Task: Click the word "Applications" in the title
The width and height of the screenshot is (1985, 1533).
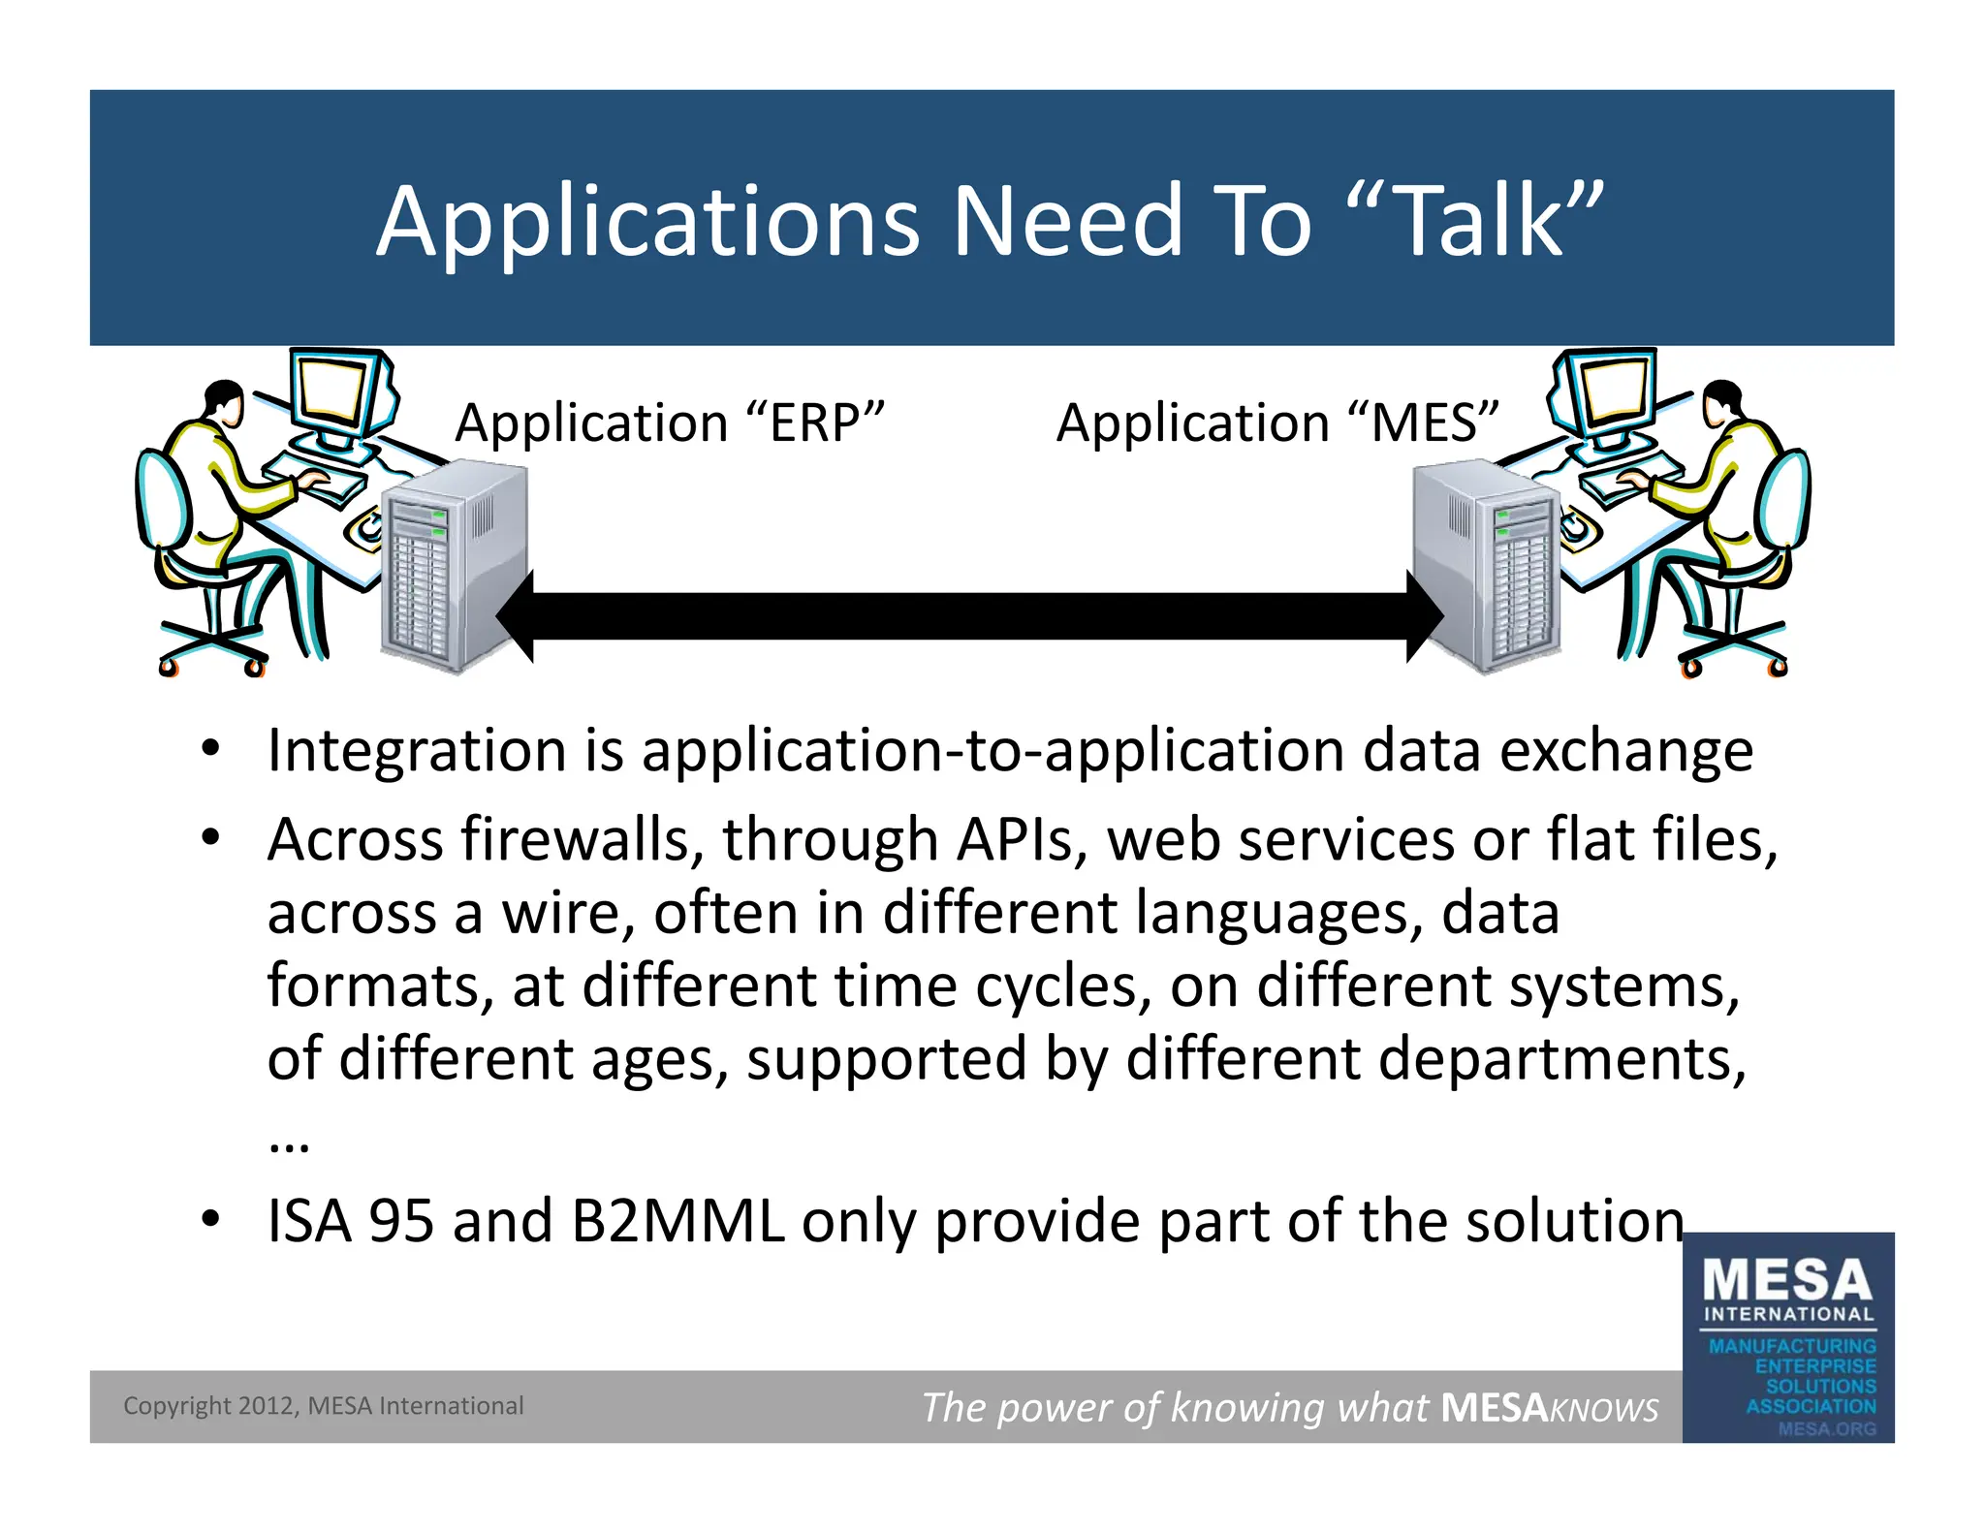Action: [x=646, y=223]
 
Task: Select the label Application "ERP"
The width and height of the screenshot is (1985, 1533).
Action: [x=669, y=422]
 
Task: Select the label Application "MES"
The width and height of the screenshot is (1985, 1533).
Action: [x=1277, y=422]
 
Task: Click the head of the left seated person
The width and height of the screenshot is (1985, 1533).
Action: [x=225, y=399]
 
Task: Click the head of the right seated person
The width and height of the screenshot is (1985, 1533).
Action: [x=1721, y=399]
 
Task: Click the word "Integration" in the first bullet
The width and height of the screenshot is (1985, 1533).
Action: [x=416, y=751]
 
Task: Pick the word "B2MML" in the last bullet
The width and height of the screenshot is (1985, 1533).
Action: [x=677, y=1221]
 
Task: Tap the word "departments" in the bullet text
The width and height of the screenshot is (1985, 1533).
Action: [x=1560, y=1058]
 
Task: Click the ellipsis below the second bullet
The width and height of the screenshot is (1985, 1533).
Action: [x=289, y=1144]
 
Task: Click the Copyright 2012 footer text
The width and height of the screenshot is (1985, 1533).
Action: [x=323, y=1406]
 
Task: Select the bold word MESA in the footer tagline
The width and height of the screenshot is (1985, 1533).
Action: [x=1494, y=1407]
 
